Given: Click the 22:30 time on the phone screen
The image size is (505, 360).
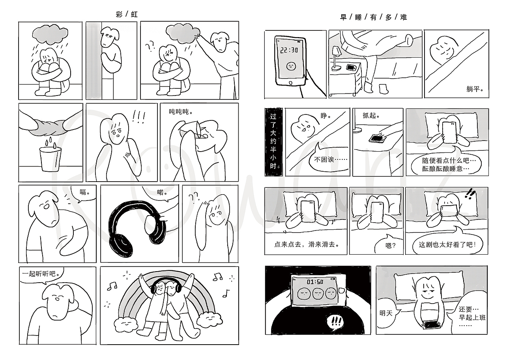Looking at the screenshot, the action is [289, 50].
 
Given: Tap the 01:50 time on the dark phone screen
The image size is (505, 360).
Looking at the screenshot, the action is [315, 281].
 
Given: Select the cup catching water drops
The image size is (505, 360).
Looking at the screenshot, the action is [50, 159].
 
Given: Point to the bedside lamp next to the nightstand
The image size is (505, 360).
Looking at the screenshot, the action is [336, 58].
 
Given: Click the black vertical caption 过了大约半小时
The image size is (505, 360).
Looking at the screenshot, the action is [273, 142].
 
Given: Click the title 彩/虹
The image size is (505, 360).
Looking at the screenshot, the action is [127, 15].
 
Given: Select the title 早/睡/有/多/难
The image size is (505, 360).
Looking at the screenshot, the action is [373, 17].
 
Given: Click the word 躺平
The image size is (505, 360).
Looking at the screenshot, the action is [475, 89].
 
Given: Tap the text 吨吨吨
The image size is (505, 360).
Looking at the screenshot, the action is [181, 111].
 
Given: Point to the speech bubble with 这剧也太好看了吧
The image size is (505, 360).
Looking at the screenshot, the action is [447, 244].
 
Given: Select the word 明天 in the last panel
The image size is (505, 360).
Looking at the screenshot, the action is [386, 313].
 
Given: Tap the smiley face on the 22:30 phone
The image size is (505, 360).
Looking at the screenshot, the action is [291, 66].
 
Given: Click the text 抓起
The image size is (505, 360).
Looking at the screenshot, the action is [371, 116].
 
